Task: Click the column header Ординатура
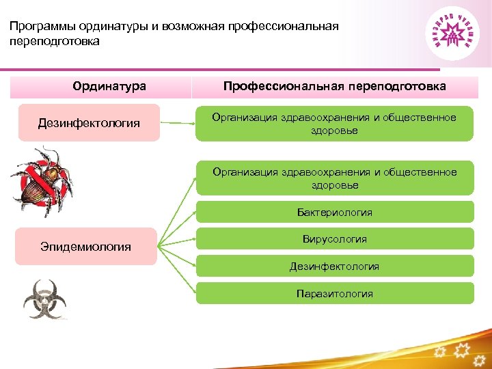click(109, 87)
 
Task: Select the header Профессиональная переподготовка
click(335, 87)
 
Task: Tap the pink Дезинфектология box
click(89, 123)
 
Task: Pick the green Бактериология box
click(335, 213)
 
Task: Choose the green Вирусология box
click(335, 239)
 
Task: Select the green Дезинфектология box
click(335, 266)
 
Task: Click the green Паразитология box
click(335, 293)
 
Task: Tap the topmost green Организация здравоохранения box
click(335, 124)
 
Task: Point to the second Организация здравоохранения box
click(335, 178)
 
